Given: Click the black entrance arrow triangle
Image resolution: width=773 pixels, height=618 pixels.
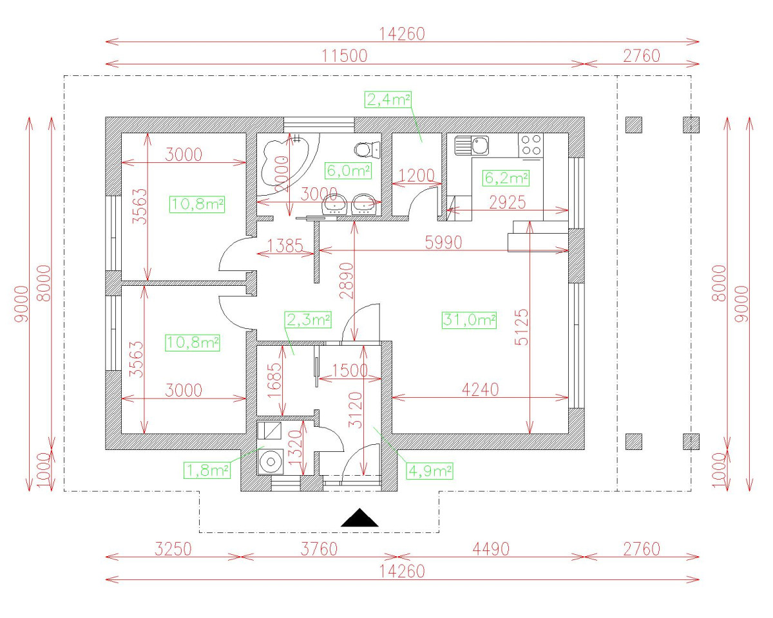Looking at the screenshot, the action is pyautogui.click(x=359, y=519).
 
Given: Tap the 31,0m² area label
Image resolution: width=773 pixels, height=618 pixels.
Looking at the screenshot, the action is pyautogui.click(x=469, y=320).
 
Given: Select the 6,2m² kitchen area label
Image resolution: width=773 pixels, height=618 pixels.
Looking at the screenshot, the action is pyautogui.click(x=506, y=178).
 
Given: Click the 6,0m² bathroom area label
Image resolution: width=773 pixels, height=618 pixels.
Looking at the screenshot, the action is pyautogui.click(x=348, y=171).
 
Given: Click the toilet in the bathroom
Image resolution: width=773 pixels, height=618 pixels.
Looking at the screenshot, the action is pyautogui.click(x=367, y=149).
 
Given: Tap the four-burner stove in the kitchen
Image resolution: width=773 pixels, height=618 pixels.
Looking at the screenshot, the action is pyautogui.click(x=531, y=145).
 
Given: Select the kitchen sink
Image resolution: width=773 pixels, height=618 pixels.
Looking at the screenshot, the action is pyautogui.click(x=472, y=145).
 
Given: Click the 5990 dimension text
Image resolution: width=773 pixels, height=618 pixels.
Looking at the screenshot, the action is pyautogui.click(x=443, y=243).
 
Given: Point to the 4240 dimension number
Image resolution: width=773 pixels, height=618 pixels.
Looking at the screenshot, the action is pyautogui.click(x=481, y=389).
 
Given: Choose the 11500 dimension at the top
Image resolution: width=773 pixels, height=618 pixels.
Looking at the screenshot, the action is pyautogui.click(x=344, y=56).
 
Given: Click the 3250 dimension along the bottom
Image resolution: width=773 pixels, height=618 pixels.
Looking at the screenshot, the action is pyautogui.click(x=173, y=549).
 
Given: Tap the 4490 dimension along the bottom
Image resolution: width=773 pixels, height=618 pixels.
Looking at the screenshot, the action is pyautogui.click(x=491, y=549).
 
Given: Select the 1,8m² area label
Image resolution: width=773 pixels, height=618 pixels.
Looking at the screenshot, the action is pyautogui.click(x=207, y=471).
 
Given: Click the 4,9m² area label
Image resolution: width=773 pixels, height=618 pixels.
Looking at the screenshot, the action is pyautogui.click(x=430, y=471).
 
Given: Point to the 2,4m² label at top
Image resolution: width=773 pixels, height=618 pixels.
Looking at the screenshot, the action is pyautogui.click(x=388, y=100).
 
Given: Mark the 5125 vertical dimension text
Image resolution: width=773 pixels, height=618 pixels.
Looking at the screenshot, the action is pyautogui.click(x=522, y=327).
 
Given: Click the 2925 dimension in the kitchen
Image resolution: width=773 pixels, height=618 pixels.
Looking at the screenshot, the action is pyautogui.click(x=507, y=203).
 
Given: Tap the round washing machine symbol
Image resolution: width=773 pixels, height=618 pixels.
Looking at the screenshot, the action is pyautogui.click(x=271, y=462).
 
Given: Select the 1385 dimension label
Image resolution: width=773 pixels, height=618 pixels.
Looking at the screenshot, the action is pyautogui.click(x=285, y=246).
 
